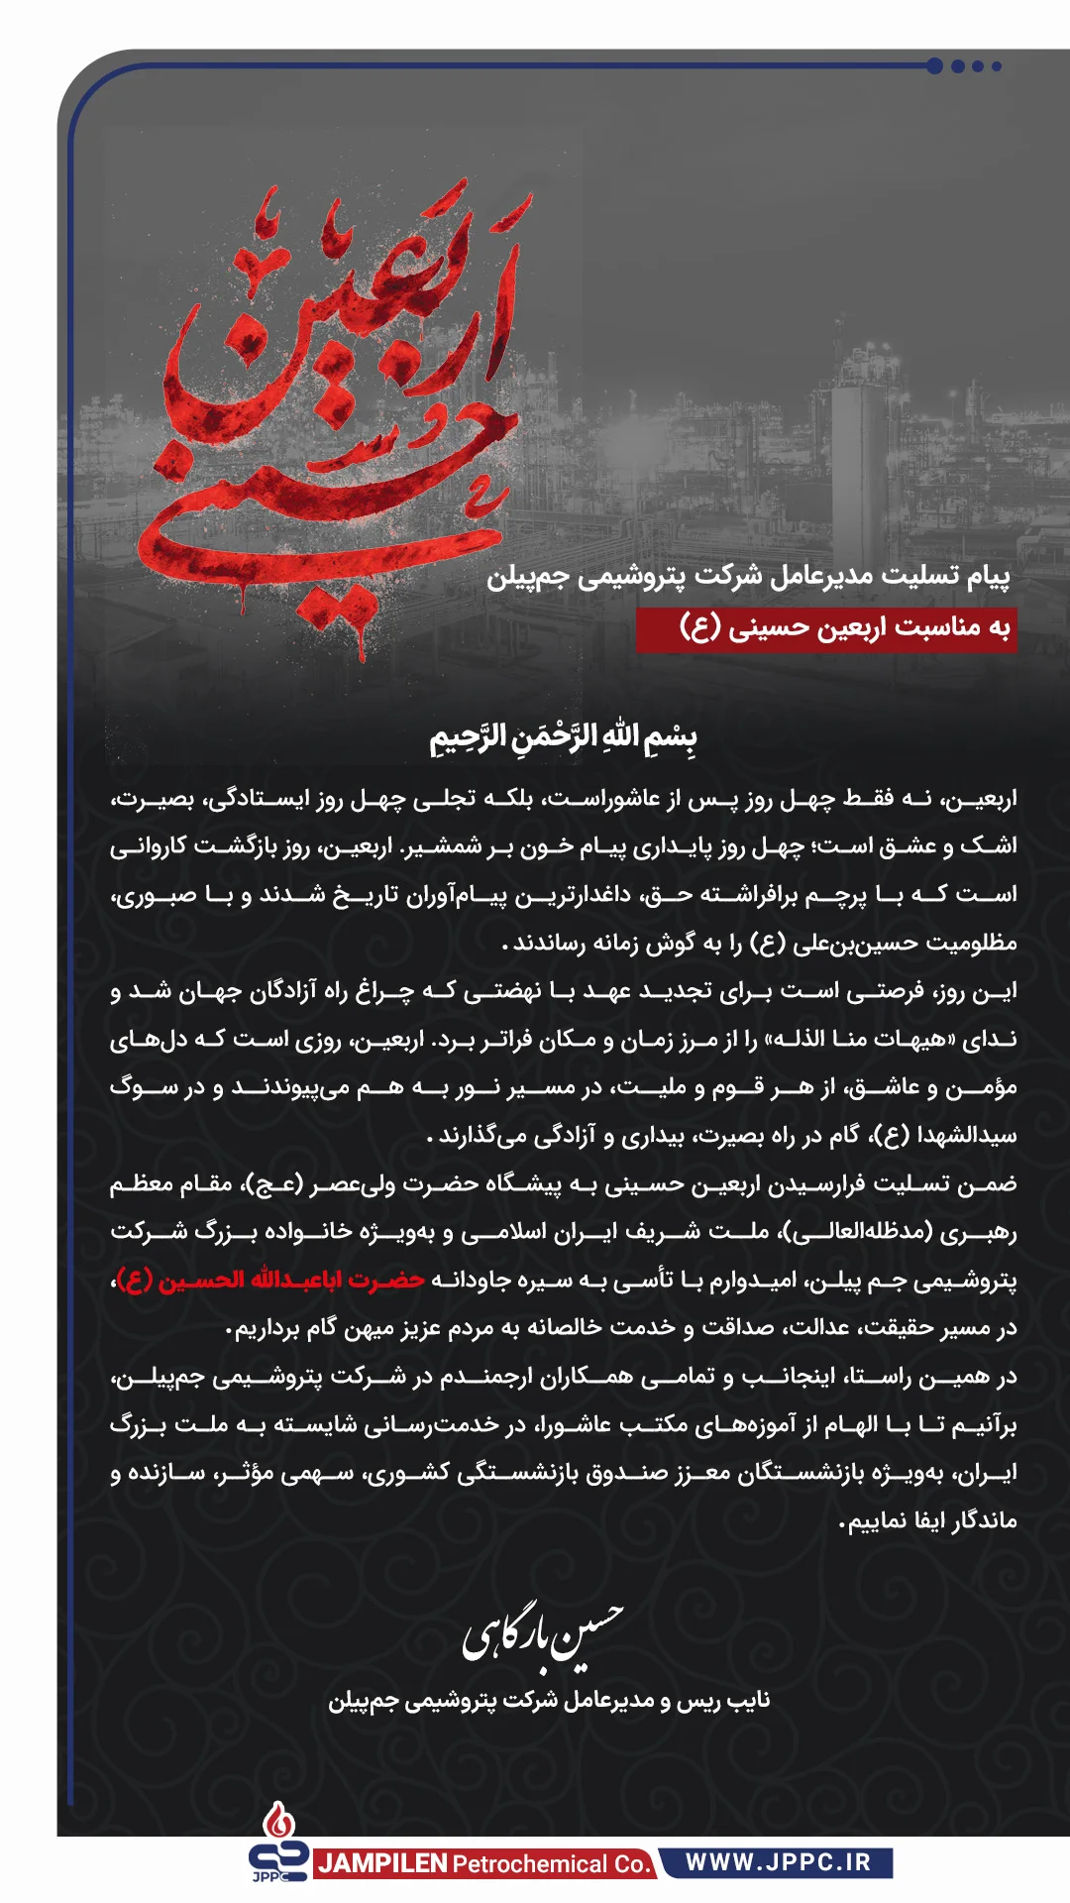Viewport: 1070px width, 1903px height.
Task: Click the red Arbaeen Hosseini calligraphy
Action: (x=337, y=416)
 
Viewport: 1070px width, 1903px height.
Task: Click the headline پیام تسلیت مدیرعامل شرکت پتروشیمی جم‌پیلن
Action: (x=748, y=576)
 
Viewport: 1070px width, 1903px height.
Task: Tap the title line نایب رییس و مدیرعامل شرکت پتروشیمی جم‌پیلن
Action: (x=549, y=1701)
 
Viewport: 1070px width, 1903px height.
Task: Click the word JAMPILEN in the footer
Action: (x=382, y=1864)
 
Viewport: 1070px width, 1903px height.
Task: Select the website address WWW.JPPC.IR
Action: (x=778, y=1862)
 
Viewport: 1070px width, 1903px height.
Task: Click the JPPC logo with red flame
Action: (x=278, y=1844)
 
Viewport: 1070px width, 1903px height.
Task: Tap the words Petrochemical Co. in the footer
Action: (x=551, y=1864)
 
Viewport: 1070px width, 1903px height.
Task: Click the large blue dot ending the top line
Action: (x=934, y=66)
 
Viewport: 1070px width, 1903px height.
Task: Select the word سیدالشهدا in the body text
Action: (x=966, y=1136)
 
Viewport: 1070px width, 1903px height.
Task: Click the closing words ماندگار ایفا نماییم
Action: (x=931, y=1520)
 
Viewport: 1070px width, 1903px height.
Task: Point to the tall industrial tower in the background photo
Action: (x=852, y=446)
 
